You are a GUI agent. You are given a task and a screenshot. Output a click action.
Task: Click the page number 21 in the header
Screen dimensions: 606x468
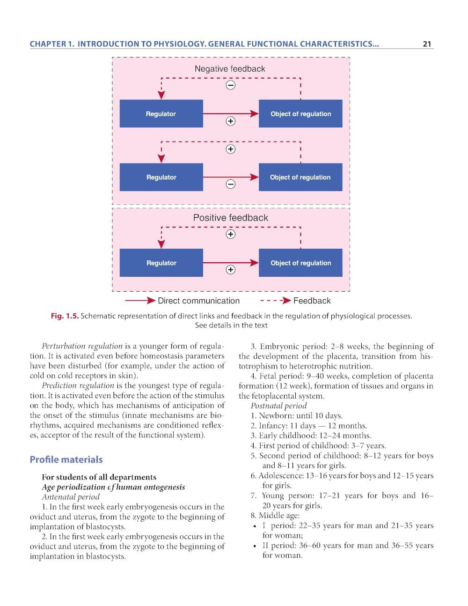tap(426, 44)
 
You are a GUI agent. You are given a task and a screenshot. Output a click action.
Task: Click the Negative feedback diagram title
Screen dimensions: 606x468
tap(230, 69)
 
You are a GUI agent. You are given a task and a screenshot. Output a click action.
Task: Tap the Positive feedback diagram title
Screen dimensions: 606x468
tap(230, 218)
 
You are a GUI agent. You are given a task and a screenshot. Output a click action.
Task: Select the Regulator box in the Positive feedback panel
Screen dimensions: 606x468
tap(161, 263)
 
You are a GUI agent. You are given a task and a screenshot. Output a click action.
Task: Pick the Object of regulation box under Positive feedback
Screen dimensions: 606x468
tap(300, 263)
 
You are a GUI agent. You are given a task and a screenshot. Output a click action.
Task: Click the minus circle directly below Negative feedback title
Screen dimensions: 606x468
tap(230, 85)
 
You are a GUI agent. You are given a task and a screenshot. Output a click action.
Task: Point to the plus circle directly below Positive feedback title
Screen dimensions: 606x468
tap(230, 234)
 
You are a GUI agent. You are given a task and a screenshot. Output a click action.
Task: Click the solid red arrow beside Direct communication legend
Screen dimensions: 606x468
tap(140, 301)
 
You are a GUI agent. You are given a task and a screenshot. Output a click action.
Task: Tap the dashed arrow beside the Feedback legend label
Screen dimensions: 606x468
tap(276, 301)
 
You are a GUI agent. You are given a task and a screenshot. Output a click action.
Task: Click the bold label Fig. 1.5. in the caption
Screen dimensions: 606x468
tap(65, 316)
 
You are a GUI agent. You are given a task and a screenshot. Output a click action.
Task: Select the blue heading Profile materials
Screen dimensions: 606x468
tap(66, 459)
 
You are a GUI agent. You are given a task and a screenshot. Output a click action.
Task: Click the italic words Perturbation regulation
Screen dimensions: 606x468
tap(82, 346)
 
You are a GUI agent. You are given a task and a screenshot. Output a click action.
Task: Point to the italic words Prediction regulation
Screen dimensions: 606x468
tap(78, 385)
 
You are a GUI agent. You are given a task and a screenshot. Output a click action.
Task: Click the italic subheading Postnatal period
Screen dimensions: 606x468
tap(278, 406)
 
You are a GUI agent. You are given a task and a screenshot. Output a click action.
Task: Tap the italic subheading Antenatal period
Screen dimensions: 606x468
tap(71, 497)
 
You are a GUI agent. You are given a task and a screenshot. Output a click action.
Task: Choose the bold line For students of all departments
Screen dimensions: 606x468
tap(99, 477)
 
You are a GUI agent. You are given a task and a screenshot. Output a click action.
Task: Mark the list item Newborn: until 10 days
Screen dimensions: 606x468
tap(296, 416)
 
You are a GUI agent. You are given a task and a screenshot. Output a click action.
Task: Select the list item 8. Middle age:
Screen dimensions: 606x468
tap(275, 516)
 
